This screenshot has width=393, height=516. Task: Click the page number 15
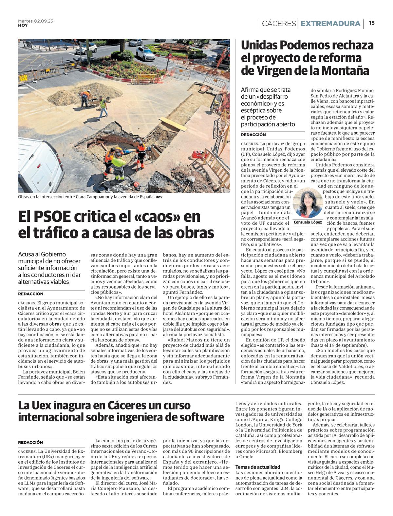[x=372, y=23]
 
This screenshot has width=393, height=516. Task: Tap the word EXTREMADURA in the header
[x=330, y=24]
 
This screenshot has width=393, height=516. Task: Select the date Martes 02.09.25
[x=35, y=21]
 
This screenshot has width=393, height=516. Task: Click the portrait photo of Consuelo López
[x=308, y=203]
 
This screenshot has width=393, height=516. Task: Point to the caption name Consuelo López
[x=308, y=222]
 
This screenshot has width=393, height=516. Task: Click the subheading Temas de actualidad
[x=258, y=467]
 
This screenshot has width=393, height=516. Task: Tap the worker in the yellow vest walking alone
[x=103, y=106]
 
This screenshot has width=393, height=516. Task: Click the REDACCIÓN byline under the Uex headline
[x=30, y=442]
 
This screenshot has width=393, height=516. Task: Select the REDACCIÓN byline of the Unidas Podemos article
[x=253, y=135]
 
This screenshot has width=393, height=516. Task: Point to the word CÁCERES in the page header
[x=279, y=24]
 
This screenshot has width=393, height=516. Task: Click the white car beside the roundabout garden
[x=145, y=53]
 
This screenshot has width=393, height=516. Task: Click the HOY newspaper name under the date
[x=23, y=25]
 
